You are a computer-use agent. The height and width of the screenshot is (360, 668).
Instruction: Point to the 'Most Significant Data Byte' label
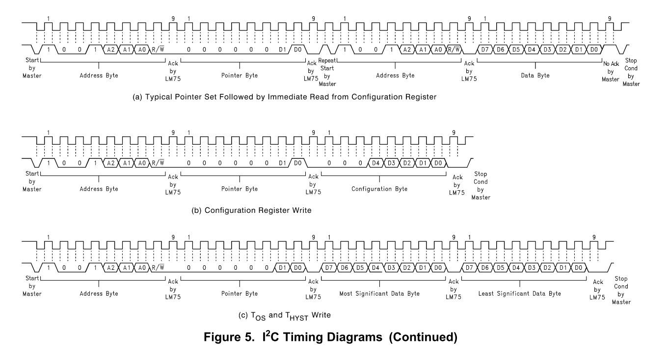[x=380, y=293]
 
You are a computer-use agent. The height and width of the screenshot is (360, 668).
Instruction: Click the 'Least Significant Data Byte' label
[x=519, y=293]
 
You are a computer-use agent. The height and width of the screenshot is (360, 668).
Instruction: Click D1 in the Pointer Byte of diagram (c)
[x=282, y=268]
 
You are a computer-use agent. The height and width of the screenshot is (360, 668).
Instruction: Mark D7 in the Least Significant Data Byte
[x=470, y=268]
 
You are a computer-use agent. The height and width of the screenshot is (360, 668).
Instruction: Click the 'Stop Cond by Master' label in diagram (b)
[x=481, y=185]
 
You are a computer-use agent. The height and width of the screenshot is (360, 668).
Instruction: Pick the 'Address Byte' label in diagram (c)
[x=99, y=293]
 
